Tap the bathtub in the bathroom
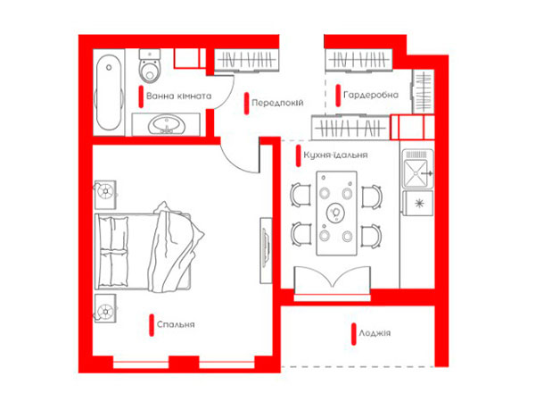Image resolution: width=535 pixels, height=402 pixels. (x=109, y=92)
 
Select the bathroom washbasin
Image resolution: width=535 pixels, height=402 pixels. (x=166, y=125)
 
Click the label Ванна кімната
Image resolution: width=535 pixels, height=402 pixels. (x=179, y=96)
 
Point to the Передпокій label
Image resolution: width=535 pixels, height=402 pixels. (x=277, y=103)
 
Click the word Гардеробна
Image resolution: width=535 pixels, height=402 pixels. (x=371, y=95)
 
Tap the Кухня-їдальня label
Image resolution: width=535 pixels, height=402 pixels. (x=335, y=155)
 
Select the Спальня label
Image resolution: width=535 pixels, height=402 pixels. (x=176, y=324)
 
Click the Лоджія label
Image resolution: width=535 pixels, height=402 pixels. (x=374, y=333)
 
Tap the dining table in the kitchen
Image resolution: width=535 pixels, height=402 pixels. (x=337, y=214)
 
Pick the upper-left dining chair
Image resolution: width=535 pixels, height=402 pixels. (x=300, y=195)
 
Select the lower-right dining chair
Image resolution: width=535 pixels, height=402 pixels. (x=371, y=236)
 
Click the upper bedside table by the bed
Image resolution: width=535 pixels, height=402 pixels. (x=105, y=195)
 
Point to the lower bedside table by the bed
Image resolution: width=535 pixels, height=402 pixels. (x=105, y=309)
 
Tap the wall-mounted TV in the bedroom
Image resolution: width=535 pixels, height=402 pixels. (x=266, y=250)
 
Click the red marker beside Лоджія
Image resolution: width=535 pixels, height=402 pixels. (x=354, y=334)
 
